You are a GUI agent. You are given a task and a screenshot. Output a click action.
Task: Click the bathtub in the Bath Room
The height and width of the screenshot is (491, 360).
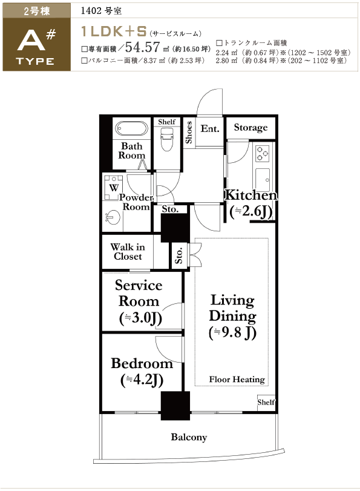point(131,128)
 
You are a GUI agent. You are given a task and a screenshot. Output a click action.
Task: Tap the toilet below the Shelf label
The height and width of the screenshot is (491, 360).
point(166,139)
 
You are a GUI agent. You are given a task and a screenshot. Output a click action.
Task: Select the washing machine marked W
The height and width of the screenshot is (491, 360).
point(114,188)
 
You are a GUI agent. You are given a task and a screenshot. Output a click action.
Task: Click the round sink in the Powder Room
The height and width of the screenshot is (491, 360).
point(113,217)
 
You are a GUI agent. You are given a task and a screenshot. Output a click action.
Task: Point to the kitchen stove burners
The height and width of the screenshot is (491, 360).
point(263,153)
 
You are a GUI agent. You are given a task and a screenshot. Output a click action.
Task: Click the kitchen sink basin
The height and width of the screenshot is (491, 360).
point(263,180)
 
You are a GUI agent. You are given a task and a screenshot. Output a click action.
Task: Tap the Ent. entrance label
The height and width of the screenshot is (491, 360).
point(210,128)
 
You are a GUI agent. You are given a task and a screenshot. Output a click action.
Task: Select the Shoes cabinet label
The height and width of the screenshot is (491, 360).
point(188,133)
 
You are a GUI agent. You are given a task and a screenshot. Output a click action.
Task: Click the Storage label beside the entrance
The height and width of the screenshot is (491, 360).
point(250,128)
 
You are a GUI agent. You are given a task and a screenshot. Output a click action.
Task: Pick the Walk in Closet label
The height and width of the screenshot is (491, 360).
point(128,252)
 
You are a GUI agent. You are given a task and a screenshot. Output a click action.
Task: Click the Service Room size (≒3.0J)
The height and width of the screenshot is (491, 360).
point(140,318)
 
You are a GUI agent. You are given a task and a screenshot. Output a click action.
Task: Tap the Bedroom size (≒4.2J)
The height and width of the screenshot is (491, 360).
point(142,380)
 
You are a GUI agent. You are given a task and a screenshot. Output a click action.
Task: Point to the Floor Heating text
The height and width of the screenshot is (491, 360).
point(237,379)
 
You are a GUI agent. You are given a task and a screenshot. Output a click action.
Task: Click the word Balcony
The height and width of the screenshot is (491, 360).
point(189,437)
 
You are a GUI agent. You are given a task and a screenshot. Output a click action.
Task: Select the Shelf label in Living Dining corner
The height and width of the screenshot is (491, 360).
point(266,402)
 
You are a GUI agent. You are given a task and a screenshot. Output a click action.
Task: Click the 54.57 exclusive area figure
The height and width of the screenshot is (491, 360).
point(143,47)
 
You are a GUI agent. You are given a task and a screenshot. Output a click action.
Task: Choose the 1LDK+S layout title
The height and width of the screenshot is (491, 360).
point(114,31)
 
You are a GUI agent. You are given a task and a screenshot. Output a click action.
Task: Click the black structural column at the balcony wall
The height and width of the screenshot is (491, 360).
point(175,406)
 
